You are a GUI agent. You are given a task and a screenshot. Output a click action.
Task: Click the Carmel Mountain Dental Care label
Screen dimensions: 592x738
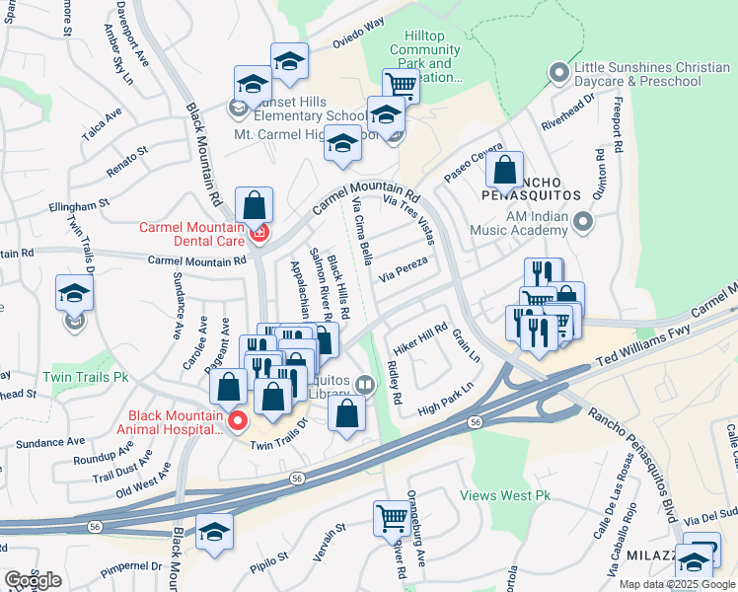pos(191,233)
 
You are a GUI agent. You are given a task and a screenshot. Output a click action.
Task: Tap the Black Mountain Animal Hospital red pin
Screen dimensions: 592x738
pos(237,422)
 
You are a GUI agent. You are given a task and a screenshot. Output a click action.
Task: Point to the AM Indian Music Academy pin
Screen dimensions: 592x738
pos(583,222)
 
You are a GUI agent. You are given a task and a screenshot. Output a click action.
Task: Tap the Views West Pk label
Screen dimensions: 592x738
pos(510,495)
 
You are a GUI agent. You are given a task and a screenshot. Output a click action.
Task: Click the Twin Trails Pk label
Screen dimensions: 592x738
pos(86,377)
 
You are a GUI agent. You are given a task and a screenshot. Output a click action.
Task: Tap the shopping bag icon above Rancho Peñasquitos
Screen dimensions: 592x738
pos(504,170)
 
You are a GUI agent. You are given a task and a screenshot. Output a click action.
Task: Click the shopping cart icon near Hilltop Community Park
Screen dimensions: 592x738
pos(402,85)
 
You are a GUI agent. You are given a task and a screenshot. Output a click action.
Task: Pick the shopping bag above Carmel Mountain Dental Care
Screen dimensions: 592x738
pos(255,206)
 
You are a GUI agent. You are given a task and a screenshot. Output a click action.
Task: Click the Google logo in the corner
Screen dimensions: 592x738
pos(33,580)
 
